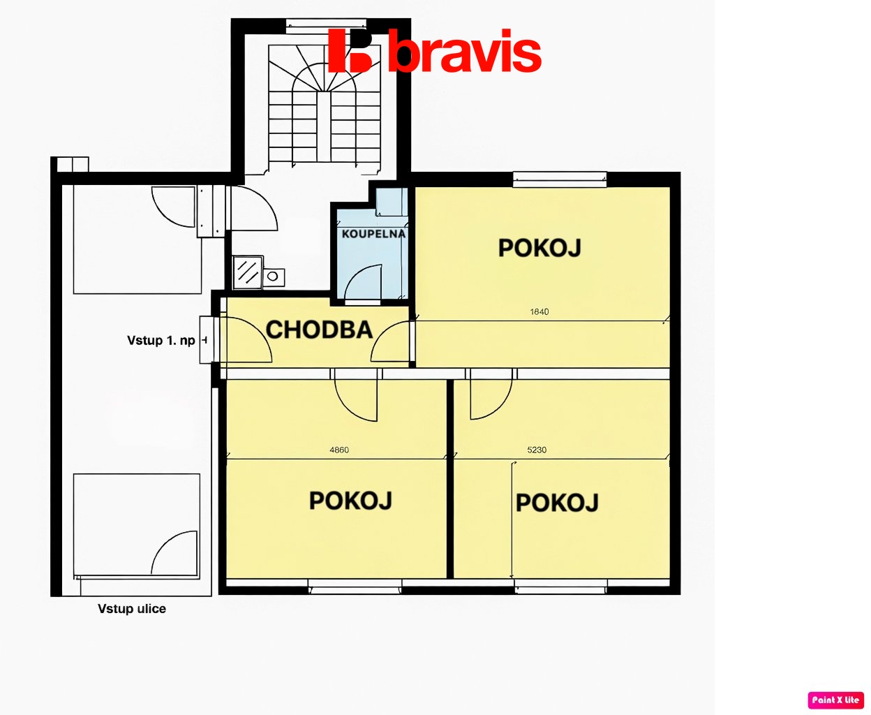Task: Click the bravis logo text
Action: [464, 51]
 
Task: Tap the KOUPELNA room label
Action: [373, 234]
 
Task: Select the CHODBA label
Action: [319, 330]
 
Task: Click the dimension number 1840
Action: [539, 311]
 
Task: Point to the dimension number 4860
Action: [339, 450]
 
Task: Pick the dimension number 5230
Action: [537, 450]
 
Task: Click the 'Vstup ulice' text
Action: [132, 609]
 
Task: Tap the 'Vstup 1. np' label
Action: [161, 341]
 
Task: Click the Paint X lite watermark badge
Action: [835, 700]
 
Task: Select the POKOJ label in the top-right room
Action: [539, 248]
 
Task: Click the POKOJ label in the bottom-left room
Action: [350, 501]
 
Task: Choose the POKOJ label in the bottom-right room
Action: [557, 503]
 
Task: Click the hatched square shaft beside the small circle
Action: [247, 272]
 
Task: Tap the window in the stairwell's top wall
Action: [326, 26]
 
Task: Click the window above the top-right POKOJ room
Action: [560, 179]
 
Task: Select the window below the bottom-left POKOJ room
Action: [355, 587]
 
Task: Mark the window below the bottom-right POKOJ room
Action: [560, 587]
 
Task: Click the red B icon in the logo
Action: [350, 51]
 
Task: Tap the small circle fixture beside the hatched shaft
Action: [273, 276]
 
